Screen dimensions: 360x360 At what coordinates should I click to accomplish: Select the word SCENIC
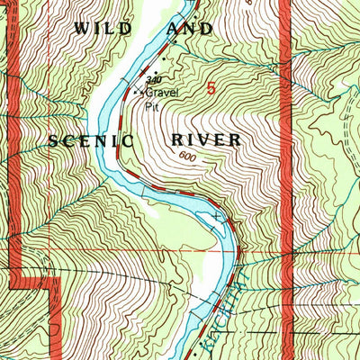[x=92, y=140]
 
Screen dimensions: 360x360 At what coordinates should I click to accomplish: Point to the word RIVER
[x=205, y=140]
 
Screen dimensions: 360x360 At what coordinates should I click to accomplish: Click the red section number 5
[x=211, y=88]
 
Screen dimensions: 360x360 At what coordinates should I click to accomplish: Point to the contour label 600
[x=186, y=157]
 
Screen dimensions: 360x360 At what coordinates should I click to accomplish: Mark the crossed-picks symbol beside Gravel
[x=138, y=92]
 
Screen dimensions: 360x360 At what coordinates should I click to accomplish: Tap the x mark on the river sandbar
[x=217, y=217]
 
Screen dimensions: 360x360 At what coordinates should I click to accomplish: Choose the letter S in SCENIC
[x=55, y=140]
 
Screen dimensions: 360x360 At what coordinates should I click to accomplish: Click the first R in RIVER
[x=175, y=140]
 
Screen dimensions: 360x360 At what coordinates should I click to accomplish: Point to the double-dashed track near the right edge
[x=348, y=135]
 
